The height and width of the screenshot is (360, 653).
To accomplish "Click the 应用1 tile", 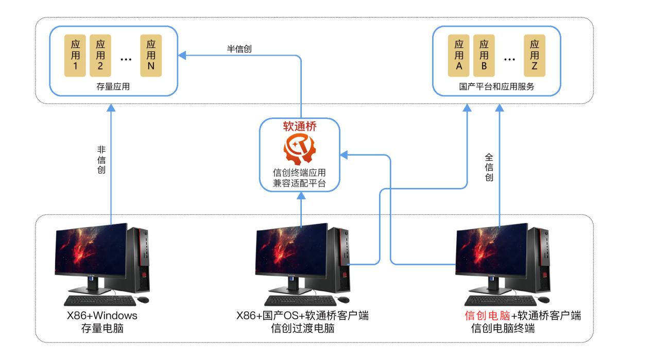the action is click(x=75, y=56).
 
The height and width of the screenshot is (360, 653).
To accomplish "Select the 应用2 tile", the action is click(x=100, y=56).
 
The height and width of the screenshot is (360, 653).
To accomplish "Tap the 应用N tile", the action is click(x=151, y=56).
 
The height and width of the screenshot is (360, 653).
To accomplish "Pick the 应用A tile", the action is click(x=458, y=56).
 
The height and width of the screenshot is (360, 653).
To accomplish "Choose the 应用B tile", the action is click(x=484, y=56).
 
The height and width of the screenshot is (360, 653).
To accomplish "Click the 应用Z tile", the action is click(x=535, y=56).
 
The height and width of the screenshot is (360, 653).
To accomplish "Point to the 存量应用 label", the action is click(x=113, y=87).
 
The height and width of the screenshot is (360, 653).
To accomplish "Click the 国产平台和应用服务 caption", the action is click(x=497, y=87).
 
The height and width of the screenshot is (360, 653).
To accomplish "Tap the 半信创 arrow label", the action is click(x=239, y=49).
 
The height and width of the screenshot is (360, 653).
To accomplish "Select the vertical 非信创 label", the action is click(x=101, y=160).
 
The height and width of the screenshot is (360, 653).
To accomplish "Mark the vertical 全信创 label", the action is click(x=489, y=167).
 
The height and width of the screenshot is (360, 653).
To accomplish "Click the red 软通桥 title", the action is click(x=300, y=127).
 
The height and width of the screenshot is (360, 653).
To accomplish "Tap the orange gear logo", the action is click(x=299, y=149).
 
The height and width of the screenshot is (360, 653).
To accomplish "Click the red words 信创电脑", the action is click(x=487, y=316).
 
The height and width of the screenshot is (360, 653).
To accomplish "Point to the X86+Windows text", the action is click(x=102, y=316).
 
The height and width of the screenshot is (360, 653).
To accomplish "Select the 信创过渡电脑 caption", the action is click(x=303, y=329).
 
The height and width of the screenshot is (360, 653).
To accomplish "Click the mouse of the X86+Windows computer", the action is click(x=143, y=299).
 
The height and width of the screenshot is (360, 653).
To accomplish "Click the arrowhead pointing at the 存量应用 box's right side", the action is click(x=182, y=56).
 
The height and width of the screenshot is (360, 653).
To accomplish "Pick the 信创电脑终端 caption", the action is click(x=503, y=329).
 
